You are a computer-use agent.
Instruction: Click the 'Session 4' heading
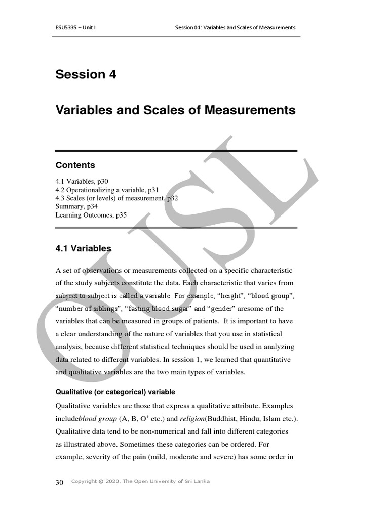pyautogui.click(x=86, y=74)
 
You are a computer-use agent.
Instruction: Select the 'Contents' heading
pyautogui.click(x=75, y=165)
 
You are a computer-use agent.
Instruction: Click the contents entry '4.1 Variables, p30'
pyautogui.click(x=82, y=181)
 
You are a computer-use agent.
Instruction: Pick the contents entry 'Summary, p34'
pyautogui.click(x=76, y=206)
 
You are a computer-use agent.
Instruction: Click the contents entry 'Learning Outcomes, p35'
pyautogui.click(x=91, y=215)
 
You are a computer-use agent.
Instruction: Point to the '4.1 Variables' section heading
pyautogui.click(x=83, y=248)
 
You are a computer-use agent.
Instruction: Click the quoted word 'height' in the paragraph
pyautogui.click(x=215, y=295)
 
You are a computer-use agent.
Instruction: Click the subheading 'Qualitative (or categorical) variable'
pyautogui.click(x=115, y=392)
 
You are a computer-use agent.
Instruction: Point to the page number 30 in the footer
pyautogui.click(x=59, y=482)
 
